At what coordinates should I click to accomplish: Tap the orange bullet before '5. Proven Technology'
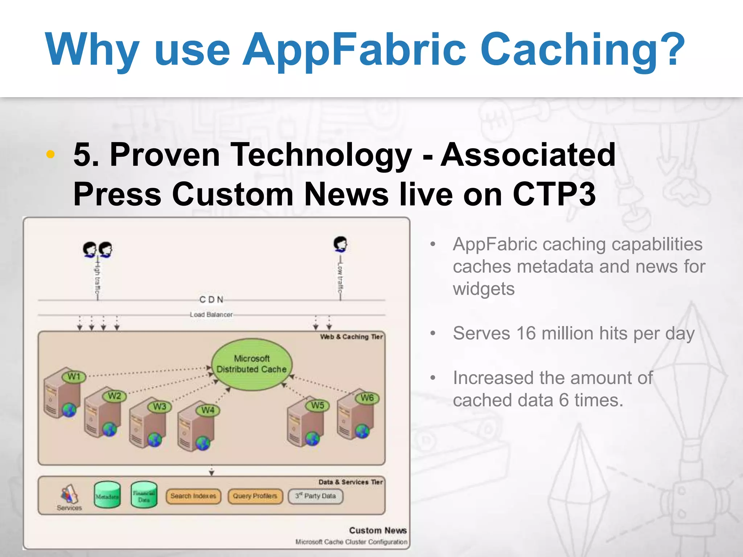pyautogui.click(x=50, y=154)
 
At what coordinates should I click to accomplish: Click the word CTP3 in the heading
pyautogui.click(x=554, y=194)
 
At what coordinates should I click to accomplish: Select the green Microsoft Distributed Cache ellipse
pyautogui.click(x=252, y=364)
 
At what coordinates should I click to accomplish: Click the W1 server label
pyautogui.click(x=74, y=376)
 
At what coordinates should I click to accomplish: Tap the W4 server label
pyautogui.click(x=208, y=410)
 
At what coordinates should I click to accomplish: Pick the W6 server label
pyautogui.click(x=367, y=398)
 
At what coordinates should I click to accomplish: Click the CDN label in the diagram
pyautogui.click(x=211, y=300)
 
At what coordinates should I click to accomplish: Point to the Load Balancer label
pyautogui.click(x=211, y=314)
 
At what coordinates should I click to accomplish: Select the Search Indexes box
pyautogui.click(x=193, y=496)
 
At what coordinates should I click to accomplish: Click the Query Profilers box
pyautogui.click(x=255, y=496)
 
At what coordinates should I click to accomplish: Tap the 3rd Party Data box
pyautogui.click(x=315, y=496)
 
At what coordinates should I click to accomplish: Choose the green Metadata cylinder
pyautogui.click(x=107, y=495)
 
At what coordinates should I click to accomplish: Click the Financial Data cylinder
pyautogui.click(x=144, y=495)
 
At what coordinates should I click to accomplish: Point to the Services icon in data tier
pyautogui.click(x=69, y=495)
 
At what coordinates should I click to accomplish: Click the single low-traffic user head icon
pyautogui.click(x=340, y=244)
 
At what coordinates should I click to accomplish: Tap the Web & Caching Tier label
pyautogui.click(x=351, y=337)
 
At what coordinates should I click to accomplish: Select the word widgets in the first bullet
pyautogui.click(x=484, y=289)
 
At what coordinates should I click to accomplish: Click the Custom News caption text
pyautogui.click(x=378, y=530)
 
